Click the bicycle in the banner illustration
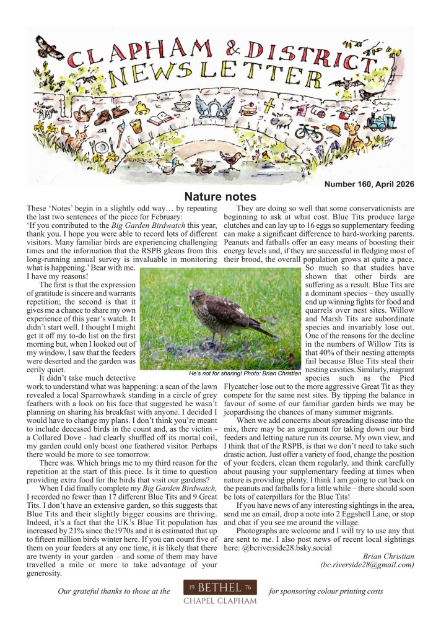tap(309, 131)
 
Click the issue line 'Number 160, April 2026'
tap(369, 184)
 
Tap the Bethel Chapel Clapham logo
tap(220, 591)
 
